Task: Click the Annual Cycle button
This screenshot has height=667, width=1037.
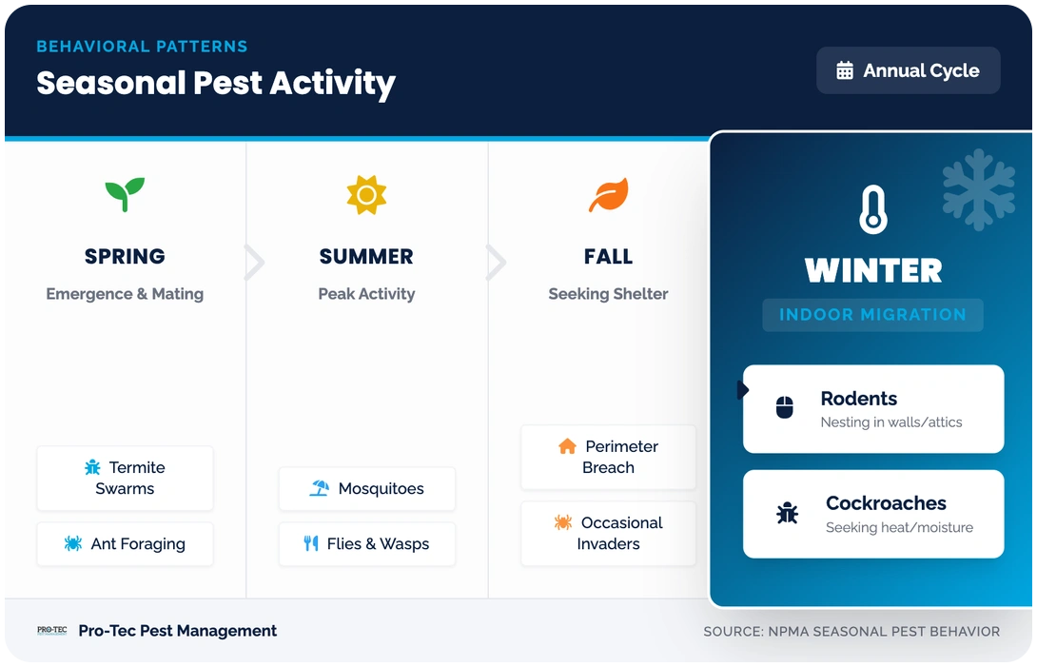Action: (x=908, y=70)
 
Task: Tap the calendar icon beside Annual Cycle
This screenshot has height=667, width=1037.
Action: (x=844, y=70)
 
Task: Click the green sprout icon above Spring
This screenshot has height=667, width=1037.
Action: (x=125, y=195)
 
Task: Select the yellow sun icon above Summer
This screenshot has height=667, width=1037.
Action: (x=366, y=195)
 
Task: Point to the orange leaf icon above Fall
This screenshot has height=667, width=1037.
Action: (x=608, y=195)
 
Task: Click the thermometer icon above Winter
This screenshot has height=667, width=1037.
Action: (x=872, y=210)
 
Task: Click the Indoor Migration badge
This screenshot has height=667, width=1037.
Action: (x=872, y=315)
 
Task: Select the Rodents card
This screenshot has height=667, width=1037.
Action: (x=872, y=409)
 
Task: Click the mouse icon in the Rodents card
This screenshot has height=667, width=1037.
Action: (x=785, y=409)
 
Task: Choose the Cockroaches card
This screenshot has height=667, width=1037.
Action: (x=872, y=514)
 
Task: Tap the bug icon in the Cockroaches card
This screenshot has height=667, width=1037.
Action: (x=787, y=514)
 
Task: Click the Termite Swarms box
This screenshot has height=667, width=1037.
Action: (x=125, y=478)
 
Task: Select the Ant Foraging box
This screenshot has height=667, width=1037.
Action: (x=125, y=544)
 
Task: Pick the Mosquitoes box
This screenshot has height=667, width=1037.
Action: (x=366, y=489)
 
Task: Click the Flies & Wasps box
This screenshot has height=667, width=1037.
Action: (x=366, y=544)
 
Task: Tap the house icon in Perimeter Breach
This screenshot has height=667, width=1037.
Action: (x=567, y=446)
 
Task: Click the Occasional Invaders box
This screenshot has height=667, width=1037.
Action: (x=608, y=533)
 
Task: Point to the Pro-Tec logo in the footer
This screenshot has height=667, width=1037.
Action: (x=51, y=631)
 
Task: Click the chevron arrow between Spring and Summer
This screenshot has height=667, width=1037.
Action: (x=253, y=263)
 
